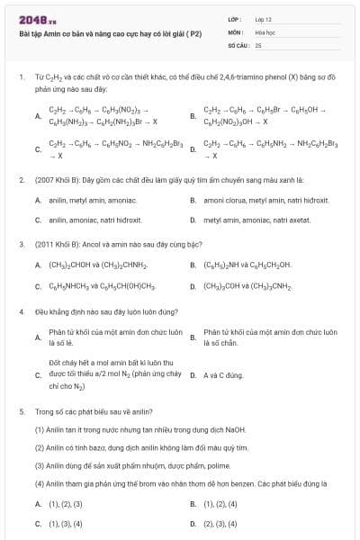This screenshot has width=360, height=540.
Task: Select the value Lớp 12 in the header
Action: [263, 18]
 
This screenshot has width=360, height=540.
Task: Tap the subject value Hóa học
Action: [265, 31]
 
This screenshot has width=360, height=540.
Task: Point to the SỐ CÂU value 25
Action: [258, 44]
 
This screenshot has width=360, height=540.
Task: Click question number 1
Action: [21, 77]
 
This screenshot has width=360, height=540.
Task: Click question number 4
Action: [21, 311]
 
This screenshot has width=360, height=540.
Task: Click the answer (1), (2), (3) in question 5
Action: [65, 504]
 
